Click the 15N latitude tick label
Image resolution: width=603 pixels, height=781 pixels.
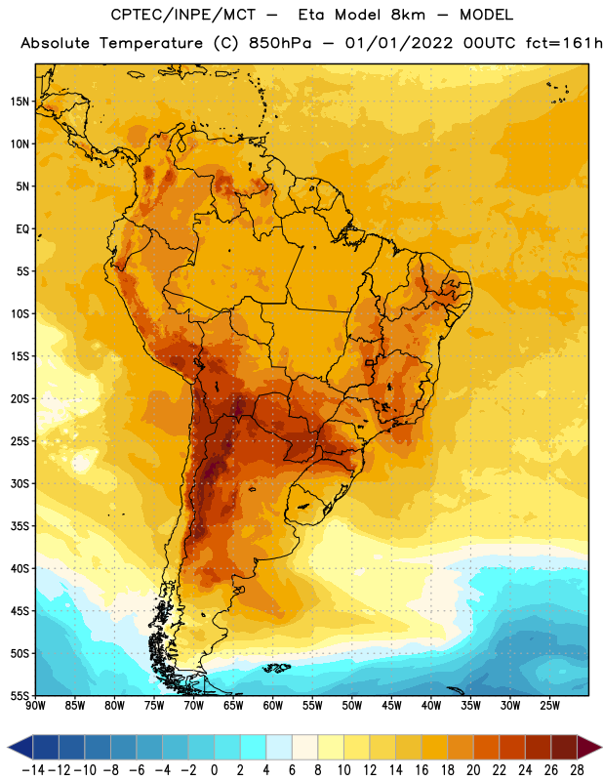pos(20,102)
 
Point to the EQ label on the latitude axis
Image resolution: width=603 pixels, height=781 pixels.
pos(22,229)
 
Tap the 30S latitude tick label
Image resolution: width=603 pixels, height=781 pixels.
pos(20,483)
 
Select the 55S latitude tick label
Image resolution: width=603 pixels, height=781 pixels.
pos(20,696)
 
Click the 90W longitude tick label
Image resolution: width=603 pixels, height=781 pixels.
pos(35,706)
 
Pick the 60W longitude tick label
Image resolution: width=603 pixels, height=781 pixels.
pos(273,706)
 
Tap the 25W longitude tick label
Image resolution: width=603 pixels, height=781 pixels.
pos(549,706)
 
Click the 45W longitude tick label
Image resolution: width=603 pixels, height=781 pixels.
pos(391,706)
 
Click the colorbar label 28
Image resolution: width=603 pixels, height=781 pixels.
pos(577,770)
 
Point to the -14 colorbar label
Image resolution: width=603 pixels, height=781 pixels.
pos(33,770)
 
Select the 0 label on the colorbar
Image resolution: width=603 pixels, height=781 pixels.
pos(215,770)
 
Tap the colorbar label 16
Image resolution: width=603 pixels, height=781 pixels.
pos(422,770)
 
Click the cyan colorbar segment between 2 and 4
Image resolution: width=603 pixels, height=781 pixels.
pos(254,747)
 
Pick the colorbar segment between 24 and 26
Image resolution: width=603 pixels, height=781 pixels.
pos(539,747)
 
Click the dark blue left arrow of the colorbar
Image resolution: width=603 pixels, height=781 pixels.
pos(20,747)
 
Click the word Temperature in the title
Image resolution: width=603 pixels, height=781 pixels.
pos(150,43)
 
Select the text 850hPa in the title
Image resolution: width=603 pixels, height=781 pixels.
pos(280,43)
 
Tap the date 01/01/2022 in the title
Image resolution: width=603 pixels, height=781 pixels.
pos(399,43)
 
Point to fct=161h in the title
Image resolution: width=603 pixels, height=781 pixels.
pos(564,43)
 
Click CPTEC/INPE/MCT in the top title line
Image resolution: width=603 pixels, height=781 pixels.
pos(183,15)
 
